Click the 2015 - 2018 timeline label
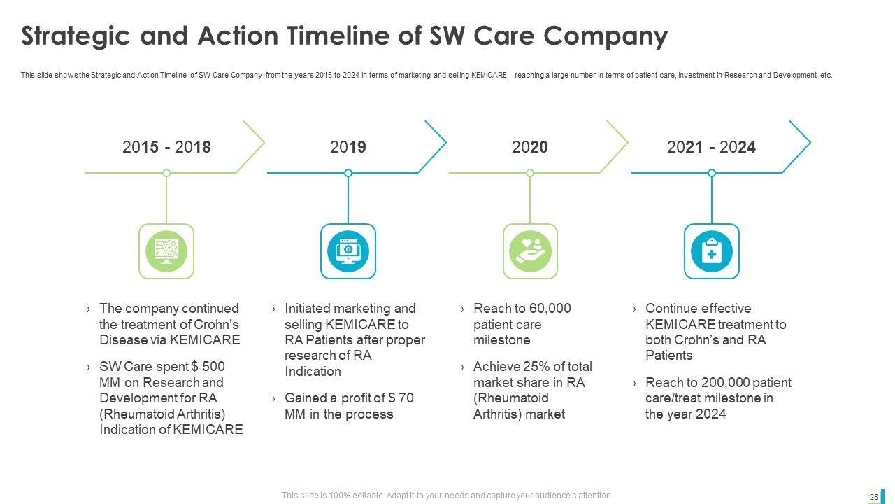coord(166,147)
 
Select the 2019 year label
coord(348,147)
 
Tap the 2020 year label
coord(530,147)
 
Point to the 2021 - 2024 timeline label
coord(711,147)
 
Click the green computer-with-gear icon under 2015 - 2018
coord(166,251)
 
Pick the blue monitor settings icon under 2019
coord(348,251)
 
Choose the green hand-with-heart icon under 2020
coord(530,251)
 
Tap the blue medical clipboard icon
coord(712,251)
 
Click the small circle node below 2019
coord(348,173)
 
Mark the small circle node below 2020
coord(530,173)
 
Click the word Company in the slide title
coord(606,36)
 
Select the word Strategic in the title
coord(76,36)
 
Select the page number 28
coord(874,497)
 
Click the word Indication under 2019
coord(313,371)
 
